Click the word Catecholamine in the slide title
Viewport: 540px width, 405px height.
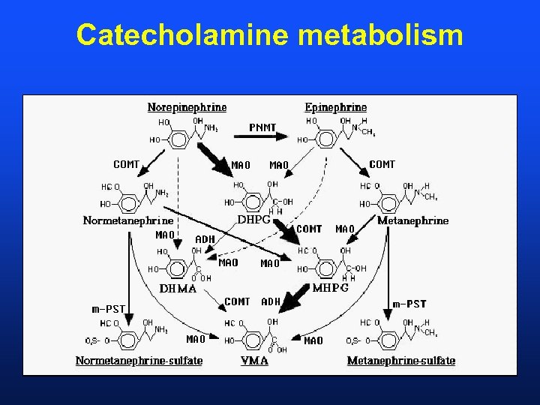pyautogui.click(x=173, y=34)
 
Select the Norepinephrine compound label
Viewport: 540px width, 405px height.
pyautogui.click(x=187, y=107)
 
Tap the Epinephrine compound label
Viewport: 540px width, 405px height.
pyautogui.click(x=335, y=107)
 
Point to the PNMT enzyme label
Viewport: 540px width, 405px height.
pyautogui.click(x=262, y=127)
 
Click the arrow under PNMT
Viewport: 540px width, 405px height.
pyautogui.click(x=268, y=136)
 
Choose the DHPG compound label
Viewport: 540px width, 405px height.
pyautogui.click(x=253, y=220)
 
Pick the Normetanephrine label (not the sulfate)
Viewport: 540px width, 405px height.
pyautogui.click(x=127, y=220)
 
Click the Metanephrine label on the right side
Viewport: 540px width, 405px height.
pyautogui.click(x=412, y=220)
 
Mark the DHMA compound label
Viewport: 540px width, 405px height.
pyautogui.click(x=178, y=288)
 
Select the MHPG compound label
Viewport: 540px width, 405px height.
pyautogui.click(x=330, y=288)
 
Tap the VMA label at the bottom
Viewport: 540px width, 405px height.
pyautogui.click(x=255, y=361)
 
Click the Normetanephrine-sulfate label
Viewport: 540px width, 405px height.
pyautogui.click(x=139, y=361)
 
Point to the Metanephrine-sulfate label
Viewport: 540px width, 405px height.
pyautogui.click(x=400, y=361)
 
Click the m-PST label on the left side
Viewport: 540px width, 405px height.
pyautogui.click(x=108, y=308)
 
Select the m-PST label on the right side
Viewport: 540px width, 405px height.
pyautogui.click(x=409, y=304)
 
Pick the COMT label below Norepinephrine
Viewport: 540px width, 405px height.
pyautogui.click(x=126, y=164)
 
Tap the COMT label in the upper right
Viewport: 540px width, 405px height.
pyautogui.click(x=382, y=164)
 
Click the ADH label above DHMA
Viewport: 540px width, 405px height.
pyautogui.click(x=205, y=239)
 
